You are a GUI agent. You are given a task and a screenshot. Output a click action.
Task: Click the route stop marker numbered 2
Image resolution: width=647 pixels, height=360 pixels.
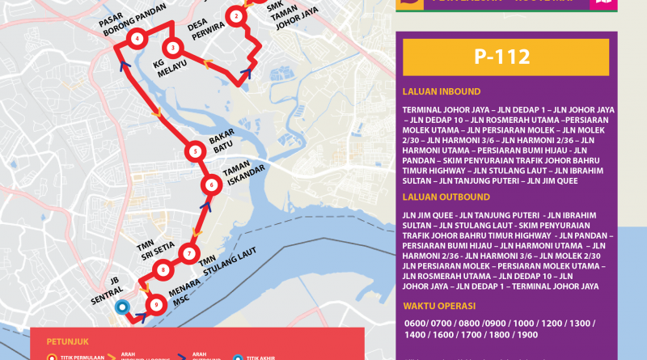click(235, 15)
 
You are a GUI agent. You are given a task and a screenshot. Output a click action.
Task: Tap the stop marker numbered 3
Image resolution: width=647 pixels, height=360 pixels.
click(173, 48)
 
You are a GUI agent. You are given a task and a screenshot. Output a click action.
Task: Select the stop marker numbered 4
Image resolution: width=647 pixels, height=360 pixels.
click(137, 39)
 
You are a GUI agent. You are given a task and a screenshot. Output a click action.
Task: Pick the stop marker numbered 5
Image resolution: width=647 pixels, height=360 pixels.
click(195, 151)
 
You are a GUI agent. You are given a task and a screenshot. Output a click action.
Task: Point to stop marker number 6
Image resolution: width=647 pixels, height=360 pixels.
click(211, 185)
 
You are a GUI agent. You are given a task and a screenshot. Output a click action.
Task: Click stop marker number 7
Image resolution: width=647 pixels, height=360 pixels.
click(188, 253)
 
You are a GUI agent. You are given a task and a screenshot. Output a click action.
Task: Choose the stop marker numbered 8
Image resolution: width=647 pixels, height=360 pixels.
click(163, 270)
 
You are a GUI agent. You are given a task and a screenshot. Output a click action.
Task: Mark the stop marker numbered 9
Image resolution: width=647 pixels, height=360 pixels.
click(156, 304)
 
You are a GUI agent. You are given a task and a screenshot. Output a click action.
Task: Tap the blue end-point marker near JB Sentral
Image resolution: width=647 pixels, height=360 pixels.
click(123, 307)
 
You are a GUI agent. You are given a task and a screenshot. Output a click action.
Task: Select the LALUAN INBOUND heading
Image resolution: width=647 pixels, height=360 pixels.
click(441, 91)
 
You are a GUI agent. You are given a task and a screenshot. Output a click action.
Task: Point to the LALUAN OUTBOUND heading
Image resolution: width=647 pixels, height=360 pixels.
click(446, 197)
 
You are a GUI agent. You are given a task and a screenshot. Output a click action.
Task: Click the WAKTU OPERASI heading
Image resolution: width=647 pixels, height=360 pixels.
click(439, 306)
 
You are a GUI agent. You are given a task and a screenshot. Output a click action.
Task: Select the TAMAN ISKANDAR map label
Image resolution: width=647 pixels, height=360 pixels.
click(237, 176)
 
